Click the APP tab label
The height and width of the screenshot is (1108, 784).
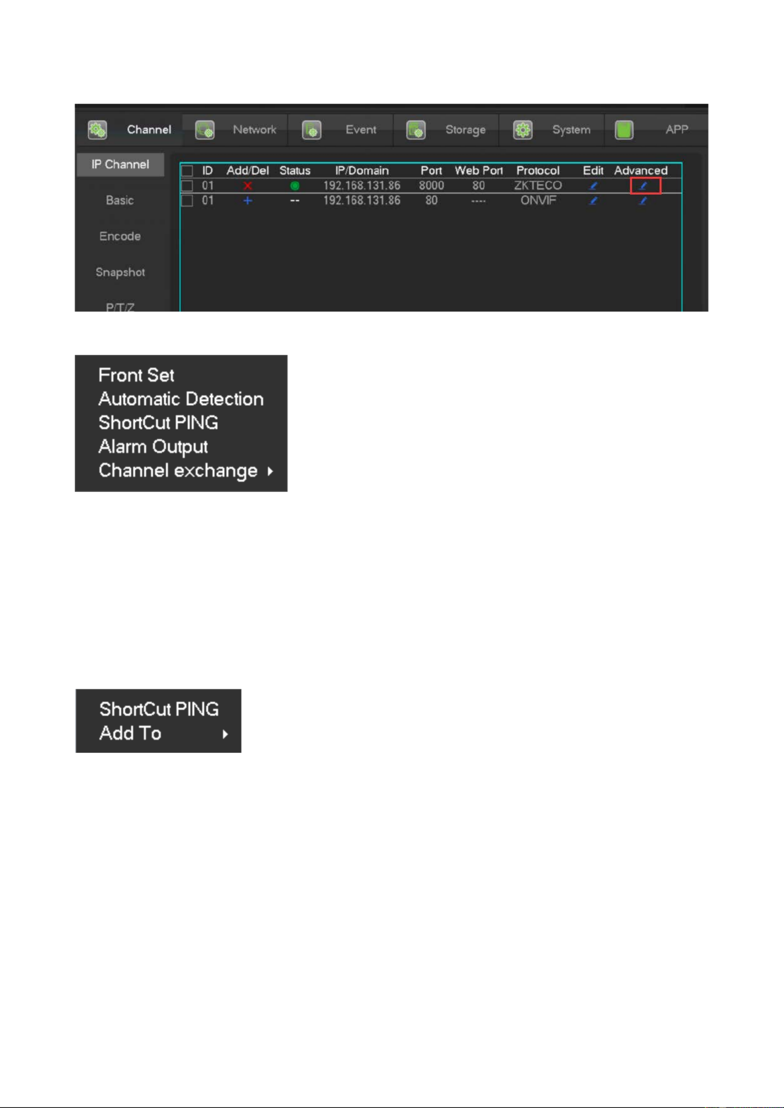[676, 130]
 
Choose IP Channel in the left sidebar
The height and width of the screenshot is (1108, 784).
[120, 164]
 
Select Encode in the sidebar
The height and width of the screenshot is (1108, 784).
[120, 236]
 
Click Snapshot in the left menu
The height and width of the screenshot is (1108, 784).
[120, 272]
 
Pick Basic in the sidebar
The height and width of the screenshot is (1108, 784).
[120, 200]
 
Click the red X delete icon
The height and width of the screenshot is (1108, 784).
[247, 186]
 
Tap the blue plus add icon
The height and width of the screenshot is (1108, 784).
[247, 201]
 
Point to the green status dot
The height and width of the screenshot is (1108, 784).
[295, 186]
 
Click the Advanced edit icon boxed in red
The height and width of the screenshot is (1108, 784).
[645, 186]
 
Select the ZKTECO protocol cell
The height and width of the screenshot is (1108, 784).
[538, 186]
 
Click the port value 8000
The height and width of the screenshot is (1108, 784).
[431, 186]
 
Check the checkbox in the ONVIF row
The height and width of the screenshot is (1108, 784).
[187, 201]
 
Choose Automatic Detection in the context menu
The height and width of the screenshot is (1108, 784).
[181, 399]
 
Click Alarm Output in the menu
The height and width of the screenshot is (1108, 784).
[153, 446]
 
